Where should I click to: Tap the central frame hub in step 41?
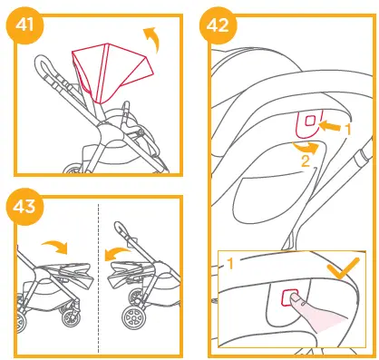pyautogui.click(x=106, y=133)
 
